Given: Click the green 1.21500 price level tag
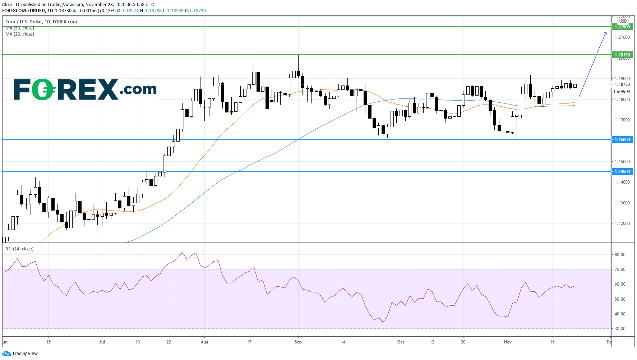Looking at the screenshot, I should click(622, 27).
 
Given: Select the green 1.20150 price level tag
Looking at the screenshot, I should click(622, 55).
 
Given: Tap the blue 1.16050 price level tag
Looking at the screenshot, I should click(622, 140).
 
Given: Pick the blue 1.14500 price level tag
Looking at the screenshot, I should click(622, 172).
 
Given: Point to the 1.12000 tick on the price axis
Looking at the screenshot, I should click(622, 223).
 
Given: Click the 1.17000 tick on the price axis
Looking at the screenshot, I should click(622, 120).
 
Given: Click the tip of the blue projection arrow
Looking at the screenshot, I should click(606, 33).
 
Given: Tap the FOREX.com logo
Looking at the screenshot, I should click(85, 89).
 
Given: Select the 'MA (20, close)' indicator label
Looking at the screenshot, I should click(20, 34).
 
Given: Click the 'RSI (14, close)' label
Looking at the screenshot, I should click(19, 249).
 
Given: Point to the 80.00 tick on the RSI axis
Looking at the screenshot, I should click(620, 255).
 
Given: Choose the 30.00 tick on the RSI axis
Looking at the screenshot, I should click(620, 329).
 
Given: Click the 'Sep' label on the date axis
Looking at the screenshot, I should click(298, 342).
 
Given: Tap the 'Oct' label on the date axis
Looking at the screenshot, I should click(401, 342).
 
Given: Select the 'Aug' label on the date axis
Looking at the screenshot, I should click(204, 342).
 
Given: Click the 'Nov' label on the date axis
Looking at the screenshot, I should click(508, 342).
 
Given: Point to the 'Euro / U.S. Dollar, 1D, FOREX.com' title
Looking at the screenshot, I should click(41, 22).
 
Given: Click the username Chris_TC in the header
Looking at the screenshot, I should click(11, 5).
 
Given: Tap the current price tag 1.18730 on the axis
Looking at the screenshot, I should click(622, 84).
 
